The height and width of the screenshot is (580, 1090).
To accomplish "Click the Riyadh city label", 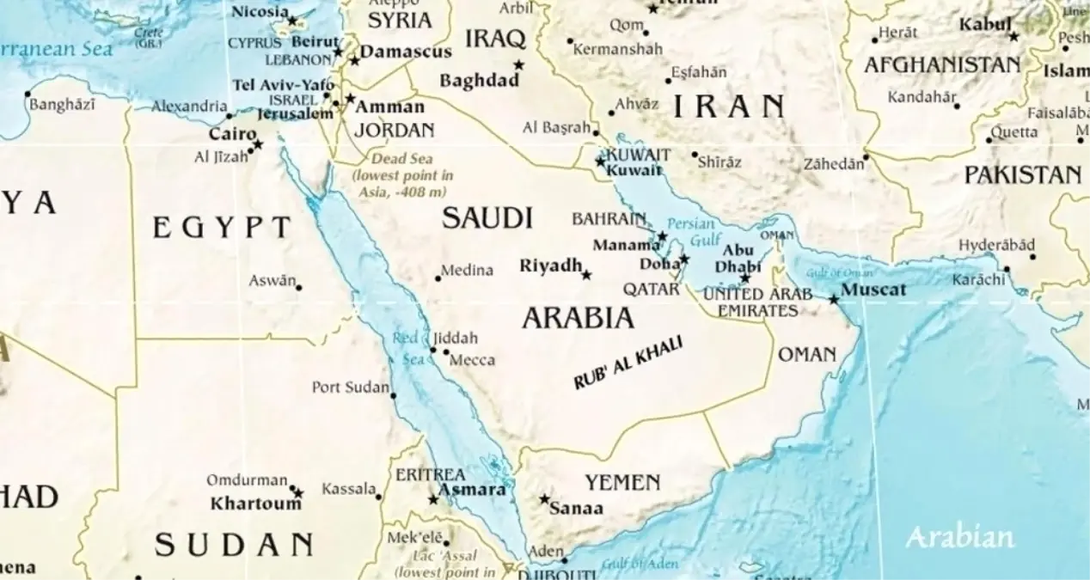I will (x=551, y=266).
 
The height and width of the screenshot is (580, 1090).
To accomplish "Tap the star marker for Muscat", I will (x=834, y=299).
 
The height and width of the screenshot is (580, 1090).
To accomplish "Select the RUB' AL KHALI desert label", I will (x=628, y=363).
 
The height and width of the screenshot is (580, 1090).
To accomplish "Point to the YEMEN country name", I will (x=622, y=482).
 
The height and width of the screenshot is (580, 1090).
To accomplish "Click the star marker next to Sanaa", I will (x=544, y=498).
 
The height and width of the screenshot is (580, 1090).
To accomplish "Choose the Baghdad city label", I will (x=479, y=81).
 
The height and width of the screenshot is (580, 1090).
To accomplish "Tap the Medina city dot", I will (x=438, y=278).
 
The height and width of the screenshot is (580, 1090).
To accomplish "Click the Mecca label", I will (x=472, y=360).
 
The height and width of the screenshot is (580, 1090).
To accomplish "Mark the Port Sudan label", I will (x=350, y=388).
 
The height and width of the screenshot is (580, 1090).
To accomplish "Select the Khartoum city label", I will (x=256, y=504).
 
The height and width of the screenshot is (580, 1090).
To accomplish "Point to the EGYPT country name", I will (x=222, y=228).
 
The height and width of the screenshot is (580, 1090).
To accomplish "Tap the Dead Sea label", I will (x=402, y=159).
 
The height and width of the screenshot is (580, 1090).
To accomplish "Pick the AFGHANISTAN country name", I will (x=942, y=65).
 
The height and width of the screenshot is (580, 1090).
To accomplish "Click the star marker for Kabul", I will (x=1013, y=37).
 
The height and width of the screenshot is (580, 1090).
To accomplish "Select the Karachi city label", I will (x=978, y=280).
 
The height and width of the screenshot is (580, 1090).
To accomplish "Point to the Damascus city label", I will (x=406, y=52).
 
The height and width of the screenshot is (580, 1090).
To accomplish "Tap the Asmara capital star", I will (x=433, y=499).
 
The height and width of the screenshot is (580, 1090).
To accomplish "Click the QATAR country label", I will (x=652, y=290).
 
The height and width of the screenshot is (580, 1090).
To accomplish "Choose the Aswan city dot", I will (x=299, y=287).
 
